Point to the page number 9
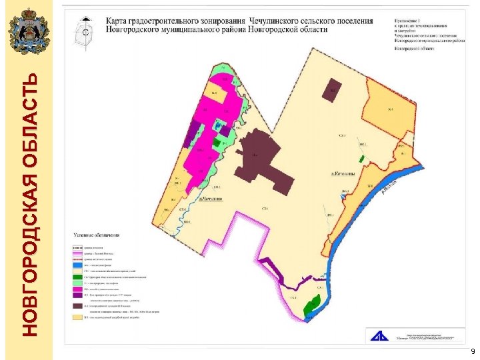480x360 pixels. coord(472,351)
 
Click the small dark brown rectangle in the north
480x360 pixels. coord(333,87)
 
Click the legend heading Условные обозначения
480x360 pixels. coord(97,235)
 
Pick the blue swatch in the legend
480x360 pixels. coord(77,265)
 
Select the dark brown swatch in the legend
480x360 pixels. coord(77,306)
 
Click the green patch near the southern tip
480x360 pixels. coord(310,307)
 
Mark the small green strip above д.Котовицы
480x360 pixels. coord(360,159)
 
